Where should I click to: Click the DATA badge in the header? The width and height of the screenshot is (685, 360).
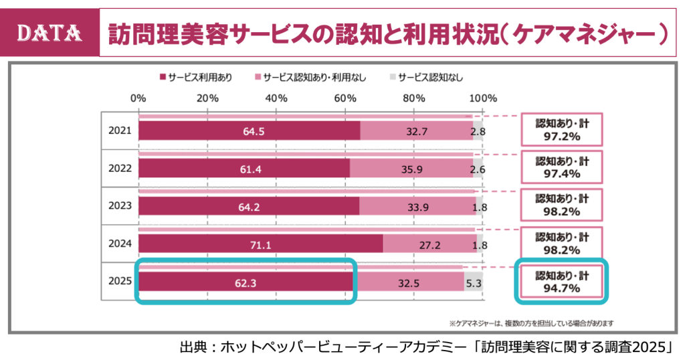(x=50, y=31)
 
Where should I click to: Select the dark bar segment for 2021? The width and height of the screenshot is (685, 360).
(x=249, y=131)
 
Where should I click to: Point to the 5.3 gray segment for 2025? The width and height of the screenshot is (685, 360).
(x=474, y=283)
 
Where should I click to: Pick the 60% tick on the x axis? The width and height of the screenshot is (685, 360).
(x=345, y=98)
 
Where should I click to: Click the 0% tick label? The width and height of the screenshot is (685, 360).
(x=138, y=98)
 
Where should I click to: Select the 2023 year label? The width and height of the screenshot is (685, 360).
(x=120, y=207)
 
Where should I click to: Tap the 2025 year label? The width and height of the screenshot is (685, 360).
(x=120, y=282)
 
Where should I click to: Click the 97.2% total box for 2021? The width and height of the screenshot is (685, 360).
(x=562, y=130)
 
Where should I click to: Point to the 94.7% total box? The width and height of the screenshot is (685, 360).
(x=562, y=282)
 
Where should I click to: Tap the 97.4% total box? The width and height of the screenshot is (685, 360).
(x=562, y=168)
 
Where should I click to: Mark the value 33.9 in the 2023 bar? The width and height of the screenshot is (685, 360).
(x=418, y=207)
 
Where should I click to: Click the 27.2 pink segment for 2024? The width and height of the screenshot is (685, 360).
(x=429, y=245)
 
